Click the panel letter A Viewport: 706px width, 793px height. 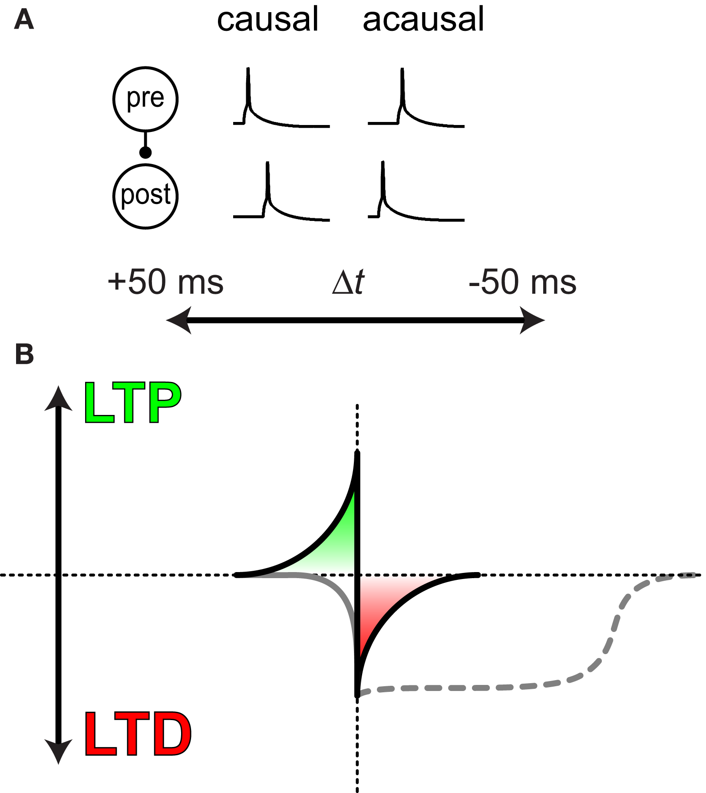tap(24, 20)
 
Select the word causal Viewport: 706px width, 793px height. tap(268, 20)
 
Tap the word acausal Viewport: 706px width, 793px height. tap(423, 20)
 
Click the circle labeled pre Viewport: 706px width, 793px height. tap(145, 99)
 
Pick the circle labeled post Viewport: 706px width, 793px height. tap(145, 196)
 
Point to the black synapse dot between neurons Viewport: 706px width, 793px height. tap(145, 152)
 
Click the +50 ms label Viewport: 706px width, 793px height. tap(165, 282)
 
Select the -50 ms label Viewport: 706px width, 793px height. tap(523, 282)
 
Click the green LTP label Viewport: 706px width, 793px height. tap(132, 403)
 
